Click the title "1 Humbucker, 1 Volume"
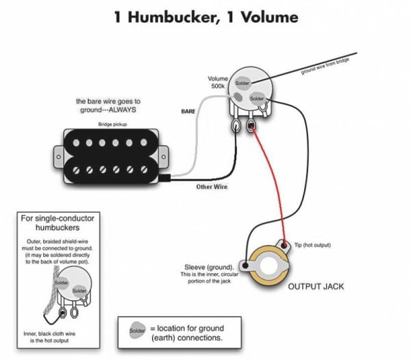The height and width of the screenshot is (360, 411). pos(206,16)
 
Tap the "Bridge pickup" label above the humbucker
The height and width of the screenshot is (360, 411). pos(113,125)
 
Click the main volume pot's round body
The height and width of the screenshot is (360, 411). pos(253,89)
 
